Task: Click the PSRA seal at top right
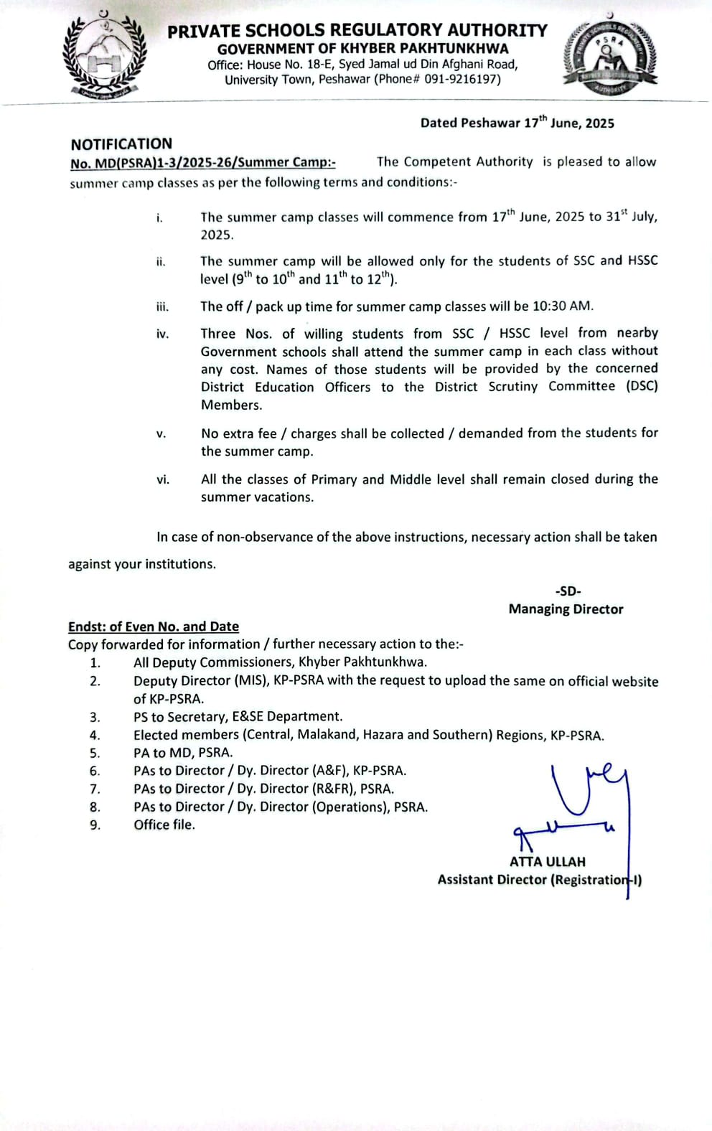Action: point(609,57)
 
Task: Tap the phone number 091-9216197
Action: point(462,80)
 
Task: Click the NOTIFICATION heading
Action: point(121,144)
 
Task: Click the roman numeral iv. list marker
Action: point(163,334)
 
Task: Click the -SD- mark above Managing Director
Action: point(568,591)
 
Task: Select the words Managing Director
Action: point(566,609)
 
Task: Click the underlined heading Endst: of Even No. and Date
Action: point(154,626)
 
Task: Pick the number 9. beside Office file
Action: point(95,825)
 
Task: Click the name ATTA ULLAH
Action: point(547,862)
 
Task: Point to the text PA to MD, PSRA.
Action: point(183,753)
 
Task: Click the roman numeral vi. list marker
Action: point(163,479)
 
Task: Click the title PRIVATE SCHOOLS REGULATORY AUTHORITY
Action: point(357,30)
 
